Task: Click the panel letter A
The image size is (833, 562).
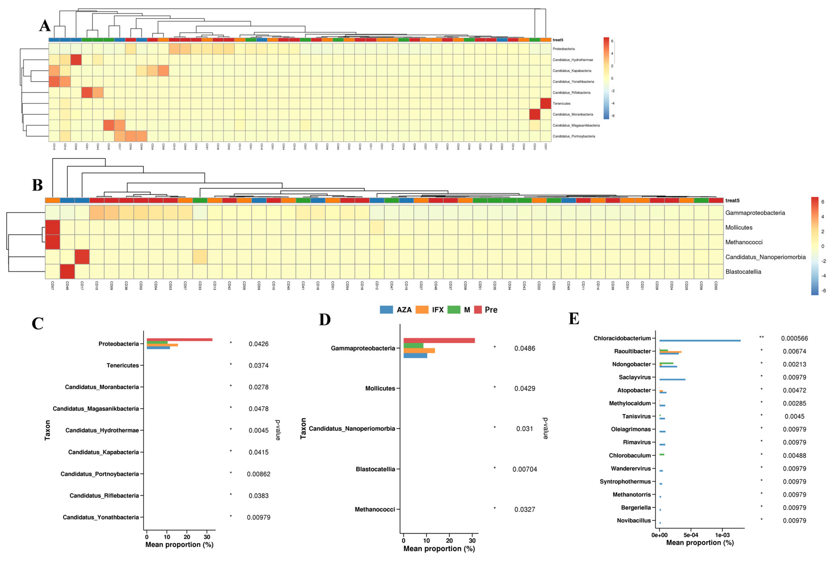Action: tap(45, 26)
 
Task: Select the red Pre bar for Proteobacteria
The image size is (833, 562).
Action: tap(179, 339)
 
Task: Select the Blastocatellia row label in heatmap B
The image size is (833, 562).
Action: tap(743, 272)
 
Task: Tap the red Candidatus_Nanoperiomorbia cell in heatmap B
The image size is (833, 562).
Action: tap(82, 257)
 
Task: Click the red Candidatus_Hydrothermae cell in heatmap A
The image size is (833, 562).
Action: tap(76, 60)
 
